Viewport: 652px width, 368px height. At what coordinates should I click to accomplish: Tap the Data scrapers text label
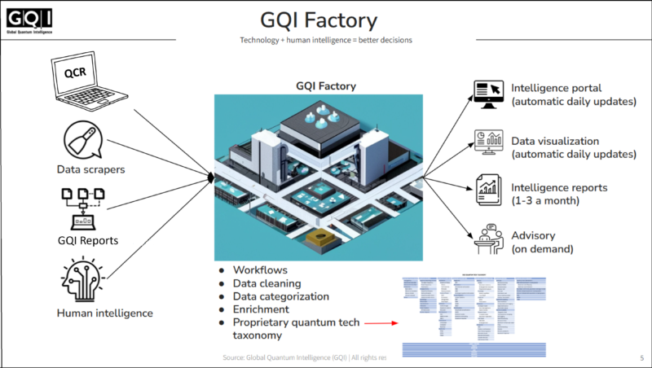[x=95, y=169]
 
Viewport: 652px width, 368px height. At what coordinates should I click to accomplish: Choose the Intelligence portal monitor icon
[x=491, y=96]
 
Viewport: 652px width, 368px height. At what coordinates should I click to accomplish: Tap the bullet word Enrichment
[x=261, y=309]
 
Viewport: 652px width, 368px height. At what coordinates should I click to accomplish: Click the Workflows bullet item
[x=260, y=269]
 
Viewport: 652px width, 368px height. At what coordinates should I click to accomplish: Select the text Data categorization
[x=281, y=296]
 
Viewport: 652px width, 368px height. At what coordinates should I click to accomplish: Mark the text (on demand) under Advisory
[x=542, y=248]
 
